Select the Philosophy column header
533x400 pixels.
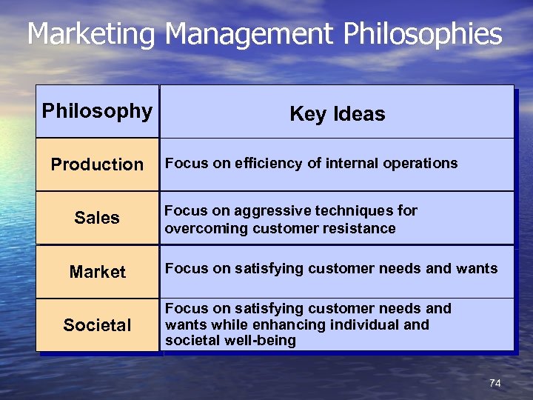(x=97, y=111)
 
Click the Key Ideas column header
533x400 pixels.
(x=338, y=114)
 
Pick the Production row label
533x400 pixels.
(x=97, y=164)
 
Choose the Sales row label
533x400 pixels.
(x=97, y=218)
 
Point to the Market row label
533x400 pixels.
(x=97, y=272)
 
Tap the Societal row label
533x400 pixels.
(x=97, y=325)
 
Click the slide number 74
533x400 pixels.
(x=495, y=383)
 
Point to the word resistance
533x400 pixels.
(x=359, y=228)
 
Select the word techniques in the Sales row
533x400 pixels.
(x=355, y=211)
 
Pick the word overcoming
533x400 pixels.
(x=207, y=228)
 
